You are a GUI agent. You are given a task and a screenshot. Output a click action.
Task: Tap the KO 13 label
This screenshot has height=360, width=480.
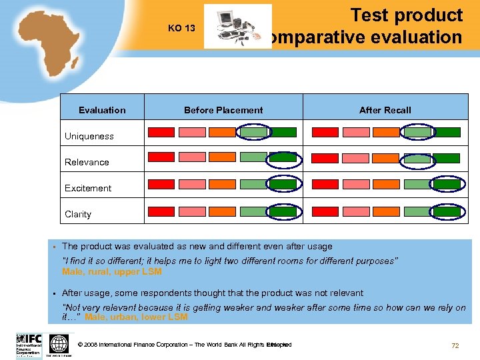tap(181, 28)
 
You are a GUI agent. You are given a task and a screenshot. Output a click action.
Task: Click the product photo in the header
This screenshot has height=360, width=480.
tap(237, 27)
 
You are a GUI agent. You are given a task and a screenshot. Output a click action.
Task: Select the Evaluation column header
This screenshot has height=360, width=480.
tap(102, 110)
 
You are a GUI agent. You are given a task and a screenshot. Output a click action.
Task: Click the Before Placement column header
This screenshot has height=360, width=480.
tap(223, 110)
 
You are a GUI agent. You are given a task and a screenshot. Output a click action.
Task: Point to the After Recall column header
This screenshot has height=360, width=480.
tap(385, 110)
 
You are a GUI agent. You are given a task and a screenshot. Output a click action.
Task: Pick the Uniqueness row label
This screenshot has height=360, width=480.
tap(89, 136)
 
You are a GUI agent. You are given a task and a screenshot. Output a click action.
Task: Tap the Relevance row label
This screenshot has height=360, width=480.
tap(87, 162)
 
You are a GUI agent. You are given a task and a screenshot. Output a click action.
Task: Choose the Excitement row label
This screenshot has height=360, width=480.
tap(88, 188)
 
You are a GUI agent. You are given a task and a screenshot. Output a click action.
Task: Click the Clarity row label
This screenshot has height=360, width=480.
tap(78, 214)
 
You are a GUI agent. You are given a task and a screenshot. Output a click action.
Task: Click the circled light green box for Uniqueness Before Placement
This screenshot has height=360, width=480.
tap(253, 132)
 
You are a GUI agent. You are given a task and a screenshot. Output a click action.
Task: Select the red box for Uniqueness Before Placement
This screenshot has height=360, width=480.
tap(161, 132)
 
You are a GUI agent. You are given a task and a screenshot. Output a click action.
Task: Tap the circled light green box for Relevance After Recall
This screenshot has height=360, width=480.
tap(418, 159)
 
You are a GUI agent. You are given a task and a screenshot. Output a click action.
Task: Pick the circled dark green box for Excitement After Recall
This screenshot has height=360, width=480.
tap(446, 184)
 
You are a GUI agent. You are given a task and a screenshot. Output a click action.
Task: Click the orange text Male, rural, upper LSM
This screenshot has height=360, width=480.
tap(111, 271)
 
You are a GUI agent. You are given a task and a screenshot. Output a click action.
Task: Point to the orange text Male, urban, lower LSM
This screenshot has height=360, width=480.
tap(136, 317)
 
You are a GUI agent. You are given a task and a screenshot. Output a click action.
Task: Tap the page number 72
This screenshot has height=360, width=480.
tap(455, 345)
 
